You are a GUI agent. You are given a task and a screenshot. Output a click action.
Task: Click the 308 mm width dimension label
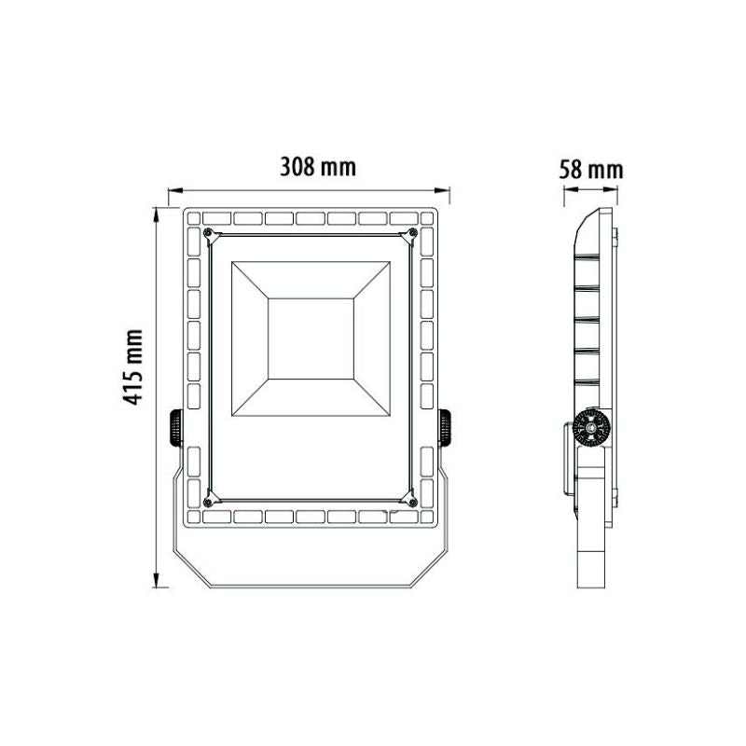tap(320, 168)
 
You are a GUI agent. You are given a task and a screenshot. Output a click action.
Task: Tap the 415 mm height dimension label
tap(136, 366)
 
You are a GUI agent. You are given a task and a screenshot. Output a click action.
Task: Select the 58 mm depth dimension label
tap(591, 170)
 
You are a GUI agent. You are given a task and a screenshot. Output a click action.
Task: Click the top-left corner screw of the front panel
tap(207, 231)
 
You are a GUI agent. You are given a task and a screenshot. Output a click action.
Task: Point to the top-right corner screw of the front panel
tap(412, 231)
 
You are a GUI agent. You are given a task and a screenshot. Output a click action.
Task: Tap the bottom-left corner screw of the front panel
tap(207, 503)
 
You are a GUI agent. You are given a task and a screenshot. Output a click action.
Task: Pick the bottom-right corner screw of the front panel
tap(412, 503)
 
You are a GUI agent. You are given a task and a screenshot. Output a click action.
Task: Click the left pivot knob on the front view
tap(174, 429)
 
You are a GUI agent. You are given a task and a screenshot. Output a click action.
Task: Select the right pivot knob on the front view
tap(445, 429)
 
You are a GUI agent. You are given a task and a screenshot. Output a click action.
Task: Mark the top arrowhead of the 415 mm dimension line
tap(154, 210)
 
